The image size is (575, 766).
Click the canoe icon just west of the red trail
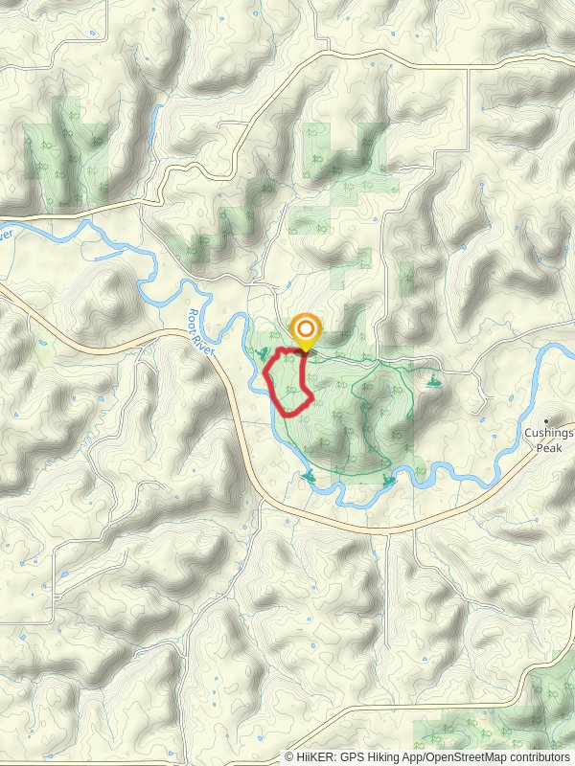point(261,356)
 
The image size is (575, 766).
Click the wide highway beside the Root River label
point(235,383)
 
